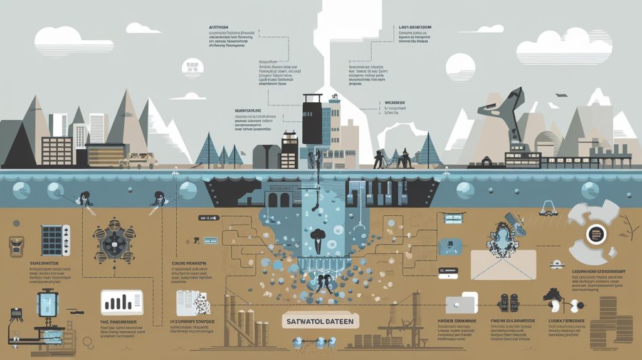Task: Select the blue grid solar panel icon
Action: tap(51, 240)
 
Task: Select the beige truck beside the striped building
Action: tap(139, 161)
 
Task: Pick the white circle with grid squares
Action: tap(192, 67)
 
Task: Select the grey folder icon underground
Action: tap(461, 303)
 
